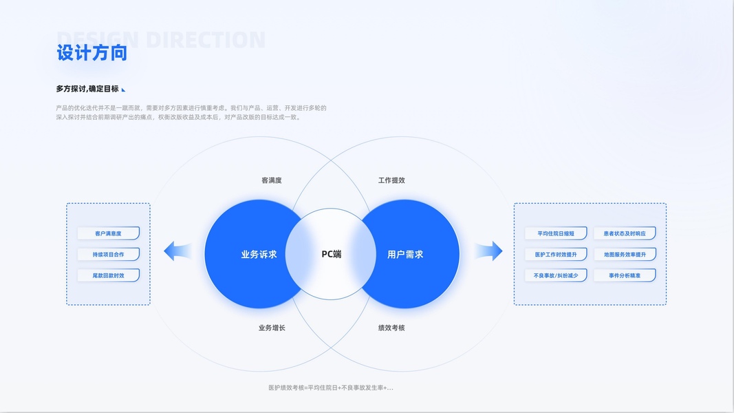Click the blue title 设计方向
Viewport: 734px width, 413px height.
91,53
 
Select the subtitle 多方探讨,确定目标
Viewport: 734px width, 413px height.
87,89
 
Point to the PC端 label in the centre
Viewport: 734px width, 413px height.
332,254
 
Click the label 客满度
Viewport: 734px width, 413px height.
272,180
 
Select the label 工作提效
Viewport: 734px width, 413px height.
391,180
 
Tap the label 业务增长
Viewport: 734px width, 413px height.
272,328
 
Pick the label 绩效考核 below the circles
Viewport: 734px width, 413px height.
391,328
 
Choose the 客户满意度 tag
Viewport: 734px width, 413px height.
108,233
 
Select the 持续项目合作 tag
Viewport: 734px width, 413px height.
108,254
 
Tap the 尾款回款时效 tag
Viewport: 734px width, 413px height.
108,275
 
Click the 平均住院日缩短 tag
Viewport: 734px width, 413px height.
556,233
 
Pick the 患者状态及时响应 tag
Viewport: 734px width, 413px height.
625,233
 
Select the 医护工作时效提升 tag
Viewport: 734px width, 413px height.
556,254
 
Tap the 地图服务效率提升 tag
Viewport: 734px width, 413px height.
625,254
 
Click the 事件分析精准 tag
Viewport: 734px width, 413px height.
625,275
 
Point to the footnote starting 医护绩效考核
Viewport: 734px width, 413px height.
331,388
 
